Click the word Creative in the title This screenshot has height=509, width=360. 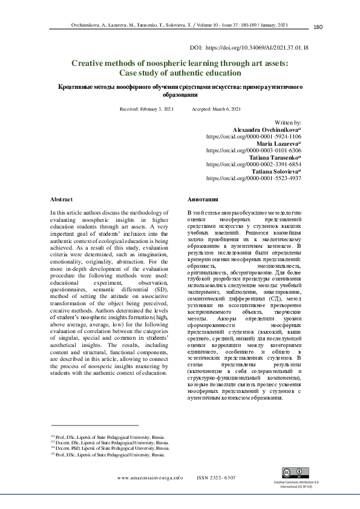[x=90, y=62]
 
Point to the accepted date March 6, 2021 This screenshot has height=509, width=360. [x=227, y=108]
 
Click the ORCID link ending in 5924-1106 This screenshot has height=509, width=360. [x=254, y=136]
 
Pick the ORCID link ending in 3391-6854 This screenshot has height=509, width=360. [x=254, y=164]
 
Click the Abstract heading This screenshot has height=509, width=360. [x=62, y=199]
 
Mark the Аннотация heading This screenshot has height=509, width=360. [x=203, y=199]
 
